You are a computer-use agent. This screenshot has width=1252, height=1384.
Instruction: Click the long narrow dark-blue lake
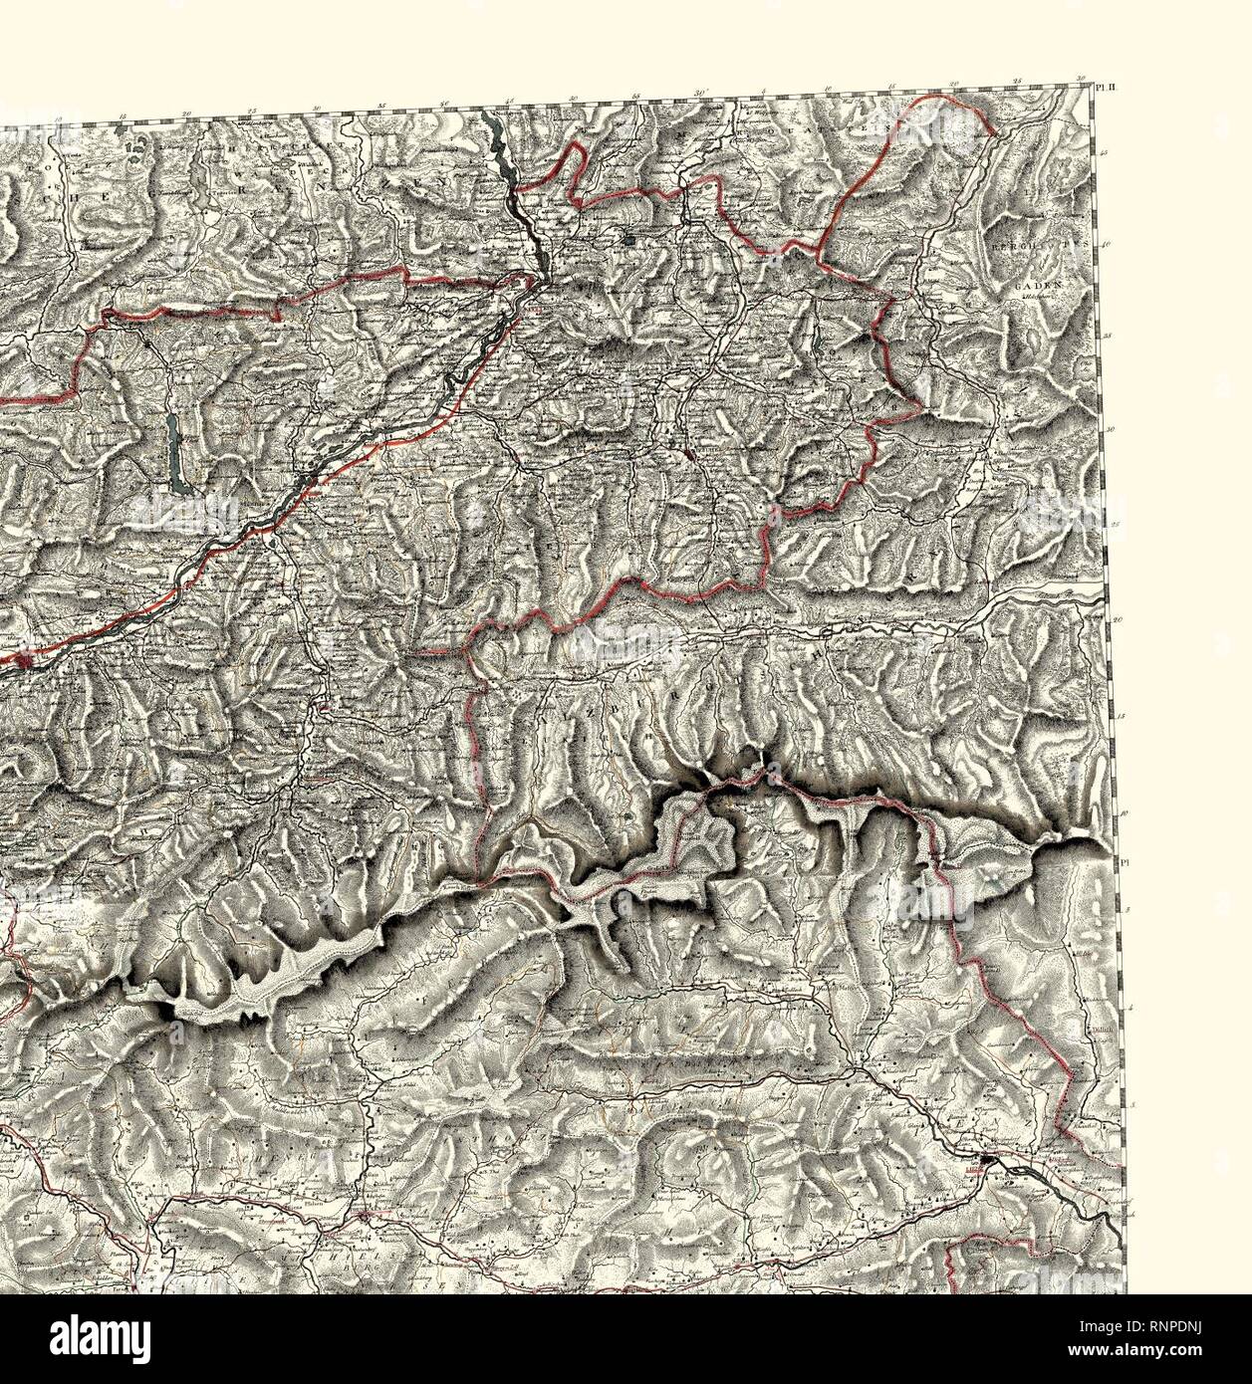[176, 453]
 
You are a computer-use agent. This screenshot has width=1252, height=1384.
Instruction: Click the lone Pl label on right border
[1124, 863]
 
